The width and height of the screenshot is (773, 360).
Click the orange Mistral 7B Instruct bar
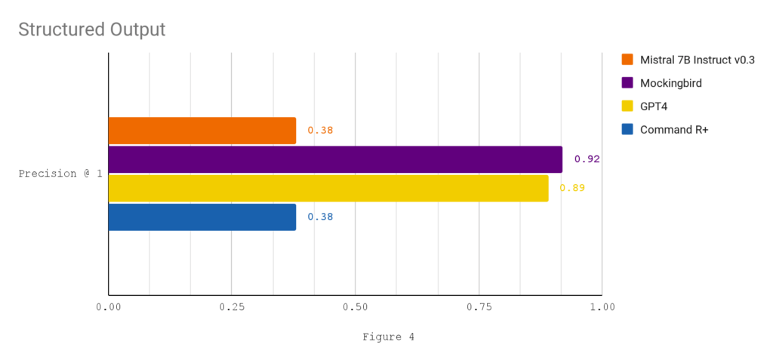[x=202, y=131]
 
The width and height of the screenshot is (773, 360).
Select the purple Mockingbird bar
[x=335, y=159]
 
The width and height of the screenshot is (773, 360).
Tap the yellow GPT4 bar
[x=328, y=188]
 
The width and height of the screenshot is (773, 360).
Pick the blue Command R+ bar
[x=202, y=217]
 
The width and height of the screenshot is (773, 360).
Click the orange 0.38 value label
[x=320, y=131]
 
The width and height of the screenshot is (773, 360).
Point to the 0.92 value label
[x=587, y=159]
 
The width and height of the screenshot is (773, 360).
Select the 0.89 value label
[x=572, y=188]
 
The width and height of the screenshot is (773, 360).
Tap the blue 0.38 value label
[x=320, y=217]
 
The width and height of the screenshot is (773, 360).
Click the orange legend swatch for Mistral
[x=627, y=60]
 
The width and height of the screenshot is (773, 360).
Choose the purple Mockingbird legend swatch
[x=627, y=83]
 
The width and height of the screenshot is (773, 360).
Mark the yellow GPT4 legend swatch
[x=627, y=106]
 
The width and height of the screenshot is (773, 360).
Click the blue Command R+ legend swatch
[x=627, y=130]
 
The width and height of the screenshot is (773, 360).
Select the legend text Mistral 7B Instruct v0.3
[x=697, y=60]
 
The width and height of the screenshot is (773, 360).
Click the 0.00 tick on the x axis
[x=109, y=307]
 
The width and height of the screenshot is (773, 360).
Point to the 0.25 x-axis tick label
[x=232, y=307]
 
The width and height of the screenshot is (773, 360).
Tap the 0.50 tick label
[x=355, y=307]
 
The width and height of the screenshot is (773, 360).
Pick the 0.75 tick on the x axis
[x=479, y=307]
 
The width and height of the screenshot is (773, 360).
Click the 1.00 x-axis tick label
[x=602, y=307]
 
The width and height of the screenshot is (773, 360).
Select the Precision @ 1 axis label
[x=60, y=174]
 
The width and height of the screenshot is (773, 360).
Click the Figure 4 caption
[x=388, y=337]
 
